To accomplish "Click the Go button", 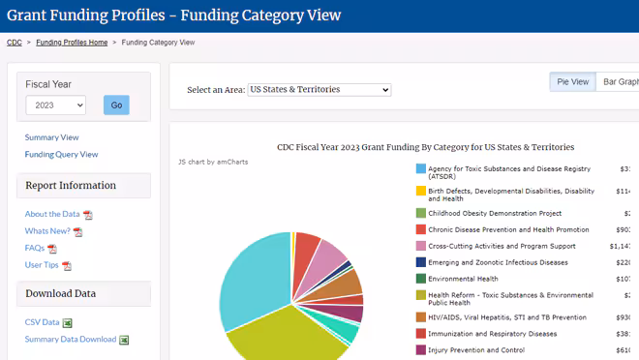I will coord(116,105).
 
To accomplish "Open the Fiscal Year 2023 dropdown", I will coord(55,105).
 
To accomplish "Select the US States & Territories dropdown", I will coord(319,90).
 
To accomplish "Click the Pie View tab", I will coord(572,82).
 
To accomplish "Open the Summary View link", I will coord(51,137).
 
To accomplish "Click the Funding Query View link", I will coord(61,154).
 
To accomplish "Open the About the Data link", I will coord(52,214).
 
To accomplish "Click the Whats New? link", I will coord(47,231).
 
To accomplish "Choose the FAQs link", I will coord(35,248).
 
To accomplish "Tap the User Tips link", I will coord(42,264).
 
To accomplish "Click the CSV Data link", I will coord(42,322).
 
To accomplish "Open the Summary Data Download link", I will coord(71,339).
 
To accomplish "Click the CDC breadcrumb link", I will coord(15,43).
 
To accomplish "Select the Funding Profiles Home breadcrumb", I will coord(72,43).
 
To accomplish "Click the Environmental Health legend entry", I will coord(463,279).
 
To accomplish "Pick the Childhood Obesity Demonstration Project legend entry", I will coord(495,213).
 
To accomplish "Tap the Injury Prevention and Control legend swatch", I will coord(421,350).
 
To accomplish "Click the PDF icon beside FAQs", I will coord(52,249).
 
